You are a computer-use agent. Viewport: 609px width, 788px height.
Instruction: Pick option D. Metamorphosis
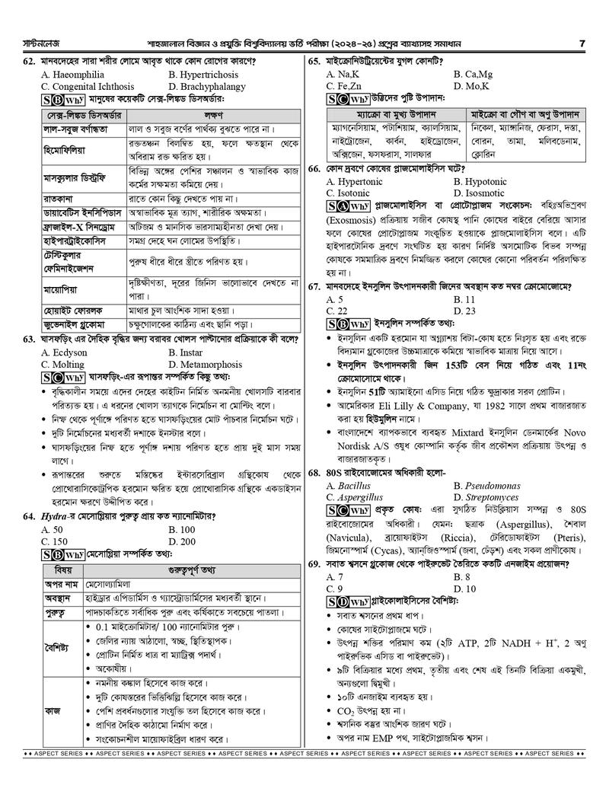[205, 365]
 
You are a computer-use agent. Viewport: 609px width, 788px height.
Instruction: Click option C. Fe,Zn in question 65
[344, 87]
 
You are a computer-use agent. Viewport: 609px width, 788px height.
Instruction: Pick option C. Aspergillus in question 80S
[359, 497]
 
